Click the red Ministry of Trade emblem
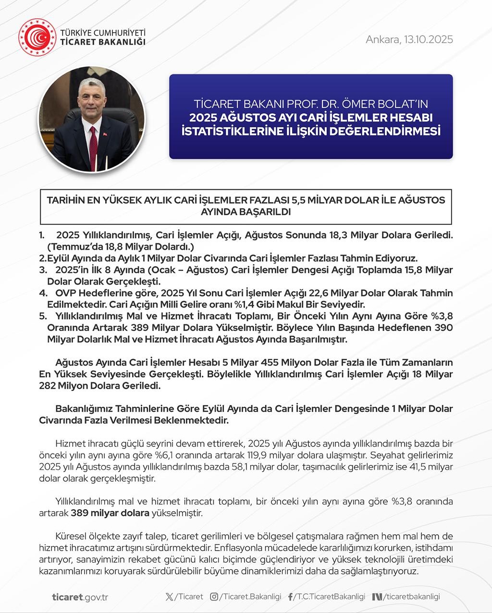click(x=37, y=37)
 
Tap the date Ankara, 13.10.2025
click(x=409, y=39)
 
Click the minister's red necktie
click(x=93, y=144)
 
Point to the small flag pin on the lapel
click(x=105, y=134)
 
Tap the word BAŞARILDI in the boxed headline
click(x=246, y=212)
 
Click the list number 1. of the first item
click(x=42, y=235)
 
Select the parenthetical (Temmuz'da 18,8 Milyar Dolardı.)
click(x=120, y=247)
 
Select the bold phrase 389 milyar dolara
click(x=110, y=513)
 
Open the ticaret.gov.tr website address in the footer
click(x=80, y=597)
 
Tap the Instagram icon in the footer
click(x=214, y=597)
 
